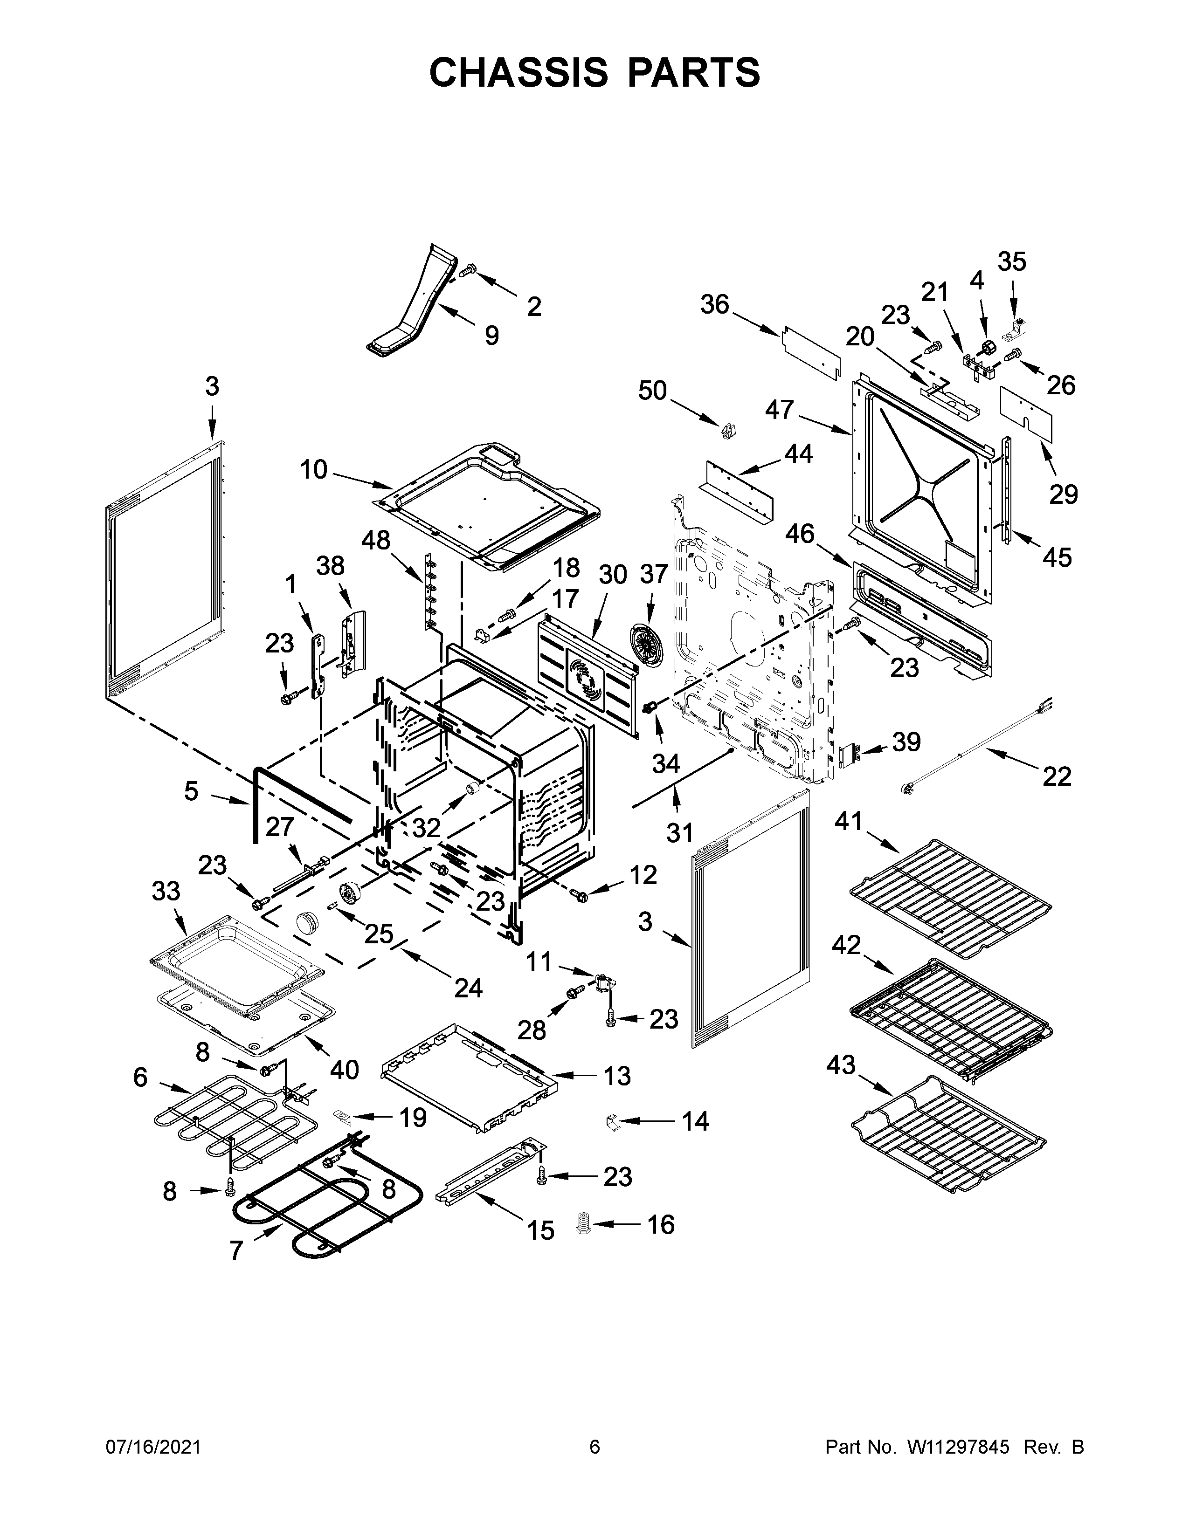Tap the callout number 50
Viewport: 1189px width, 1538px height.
coord(652,390)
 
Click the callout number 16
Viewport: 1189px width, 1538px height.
coord(661,1225)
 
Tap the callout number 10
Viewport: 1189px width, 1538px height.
coord(314,469)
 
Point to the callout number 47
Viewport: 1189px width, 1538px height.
coord(779,409)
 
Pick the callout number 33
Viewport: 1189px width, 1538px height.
coord(166,891)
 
